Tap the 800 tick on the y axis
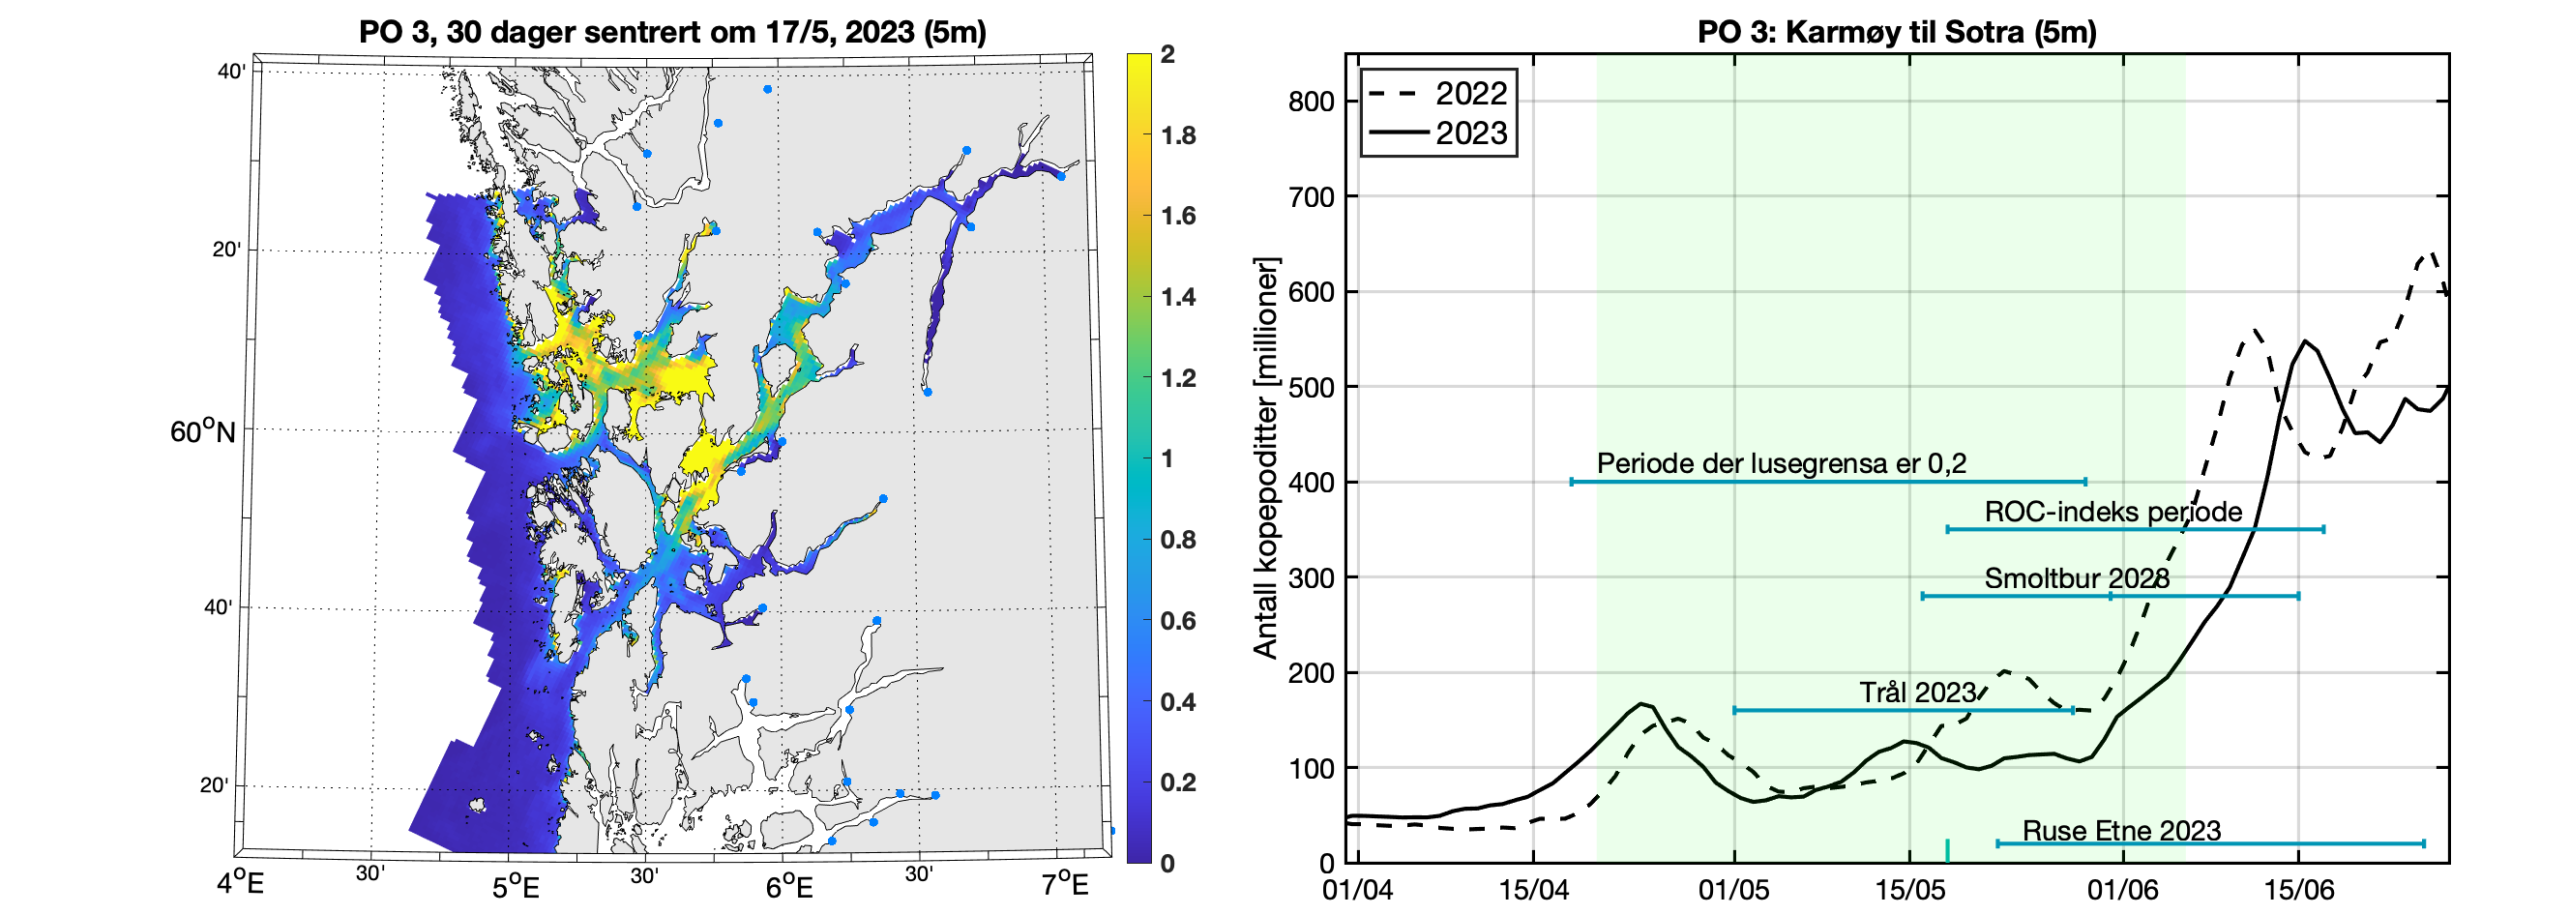click(1311, 102)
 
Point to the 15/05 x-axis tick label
click(1909, 889)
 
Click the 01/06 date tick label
click(2122, 889)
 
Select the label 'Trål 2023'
click(1917, 693)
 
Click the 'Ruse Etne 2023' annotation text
click(2121, 830)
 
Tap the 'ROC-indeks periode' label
click(2113, 512)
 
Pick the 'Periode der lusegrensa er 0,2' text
click(1781, 463)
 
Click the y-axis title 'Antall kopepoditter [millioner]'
click(1265, 458)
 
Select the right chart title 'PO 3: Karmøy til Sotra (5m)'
click(1897, 32)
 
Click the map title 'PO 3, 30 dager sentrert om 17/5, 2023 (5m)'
click(672, 32)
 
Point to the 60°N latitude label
click(202, 432)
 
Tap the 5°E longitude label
click(516, 886)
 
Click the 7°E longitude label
click(1065, 884)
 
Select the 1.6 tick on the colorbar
click(1178, 216)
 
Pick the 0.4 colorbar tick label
click(1178, 701)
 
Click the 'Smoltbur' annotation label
click(2076, 578)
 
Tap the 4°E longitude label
click(241, 884)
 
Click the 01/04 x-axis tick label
click(1357, 889)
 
